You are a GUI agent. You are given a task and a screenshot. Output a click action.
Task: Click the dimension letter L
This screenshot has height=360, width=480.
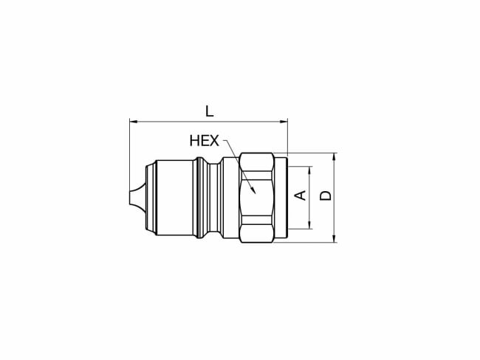pos(209,111)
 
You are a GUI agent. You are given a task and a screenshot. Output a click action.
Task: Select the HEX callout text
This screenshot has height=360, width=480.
pos(204,140)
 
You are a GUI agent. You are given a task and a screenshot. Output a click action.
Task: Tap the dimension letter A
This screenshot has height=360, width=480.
pos(301,195)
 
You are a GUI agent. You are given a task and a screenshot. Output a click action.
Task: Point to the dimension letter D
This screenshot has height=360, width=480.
pos(326,195)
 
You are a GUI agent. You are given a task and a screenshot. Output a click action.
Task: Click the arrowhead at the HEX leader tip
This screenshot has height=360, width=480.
pos(253,191)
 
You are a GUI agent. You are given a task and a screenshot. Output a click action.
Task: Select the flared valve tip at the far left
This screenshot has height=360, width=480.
pos(137,197)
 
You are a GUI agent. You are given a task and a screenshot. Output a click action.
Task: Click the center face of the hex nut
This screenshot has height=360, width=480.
pos(256,197)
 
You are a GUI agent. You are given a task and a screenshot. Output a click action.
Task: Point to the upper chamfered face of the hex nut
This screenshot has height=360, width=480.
pos(256,163)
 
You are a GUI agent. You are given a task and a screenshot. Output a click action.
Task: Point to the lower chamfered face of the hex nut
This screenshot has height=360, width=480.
pos(256,232)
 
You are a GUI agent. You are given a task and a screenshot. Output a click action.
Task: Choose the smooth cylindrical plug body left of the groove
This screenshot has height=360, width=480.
pos(174,197)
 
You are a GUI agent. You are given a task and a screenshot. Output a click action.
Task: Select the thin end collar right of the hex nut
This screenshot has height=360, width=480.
pos(281,197)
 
